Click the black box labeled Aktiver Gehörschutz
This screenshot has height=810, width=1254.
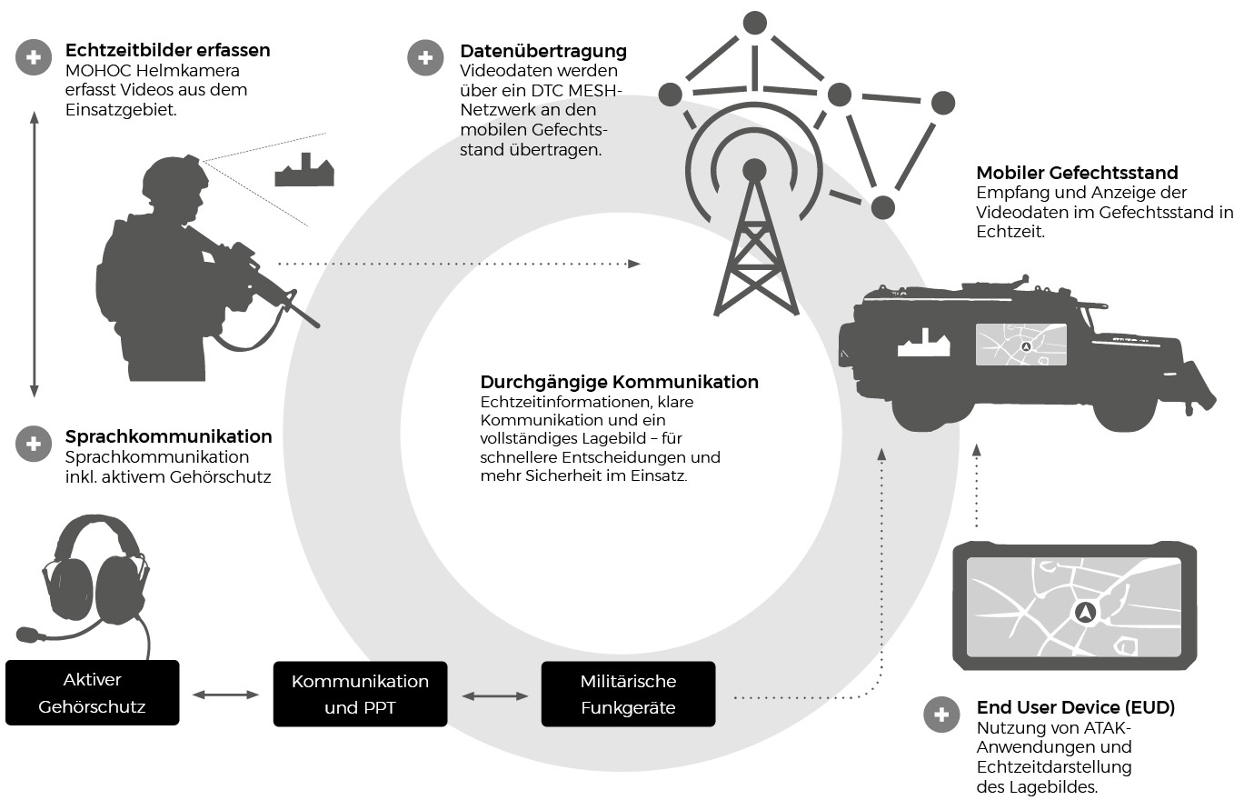coord(93,693)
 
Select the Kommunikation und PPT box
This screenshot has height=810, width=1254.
coord(360,694)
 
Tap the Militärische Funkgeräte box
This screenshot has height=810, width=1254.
coord(628,694)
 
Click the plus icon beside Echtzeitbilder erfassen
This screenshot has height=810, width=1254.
coord(34,57)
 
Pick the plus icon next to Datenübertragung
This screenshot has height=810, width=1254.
coord(425,57)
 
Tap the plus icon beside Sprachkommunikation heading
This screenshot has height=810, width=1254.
coord(34,445)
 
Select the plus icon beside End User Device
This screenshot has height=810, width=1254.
coord(941,715)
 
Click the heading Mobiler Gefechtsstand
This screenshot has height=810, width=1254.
coord(1077,173)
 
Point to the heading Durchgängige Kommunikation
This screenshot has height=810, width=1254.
coord(619,382)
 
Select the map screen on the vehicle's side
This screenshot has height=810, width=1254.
coord(1021,345)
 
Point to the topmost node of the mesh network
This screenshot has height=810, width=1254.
coord(754,23)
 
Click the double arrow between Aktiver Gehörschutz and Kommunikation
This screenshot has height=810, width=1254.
coord(225,695)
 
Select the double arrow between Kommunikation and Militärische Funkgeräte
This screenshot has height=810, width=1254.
coord(495,695)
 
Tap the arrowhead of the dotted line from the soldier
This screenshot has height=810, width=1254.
coord(633,264)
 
